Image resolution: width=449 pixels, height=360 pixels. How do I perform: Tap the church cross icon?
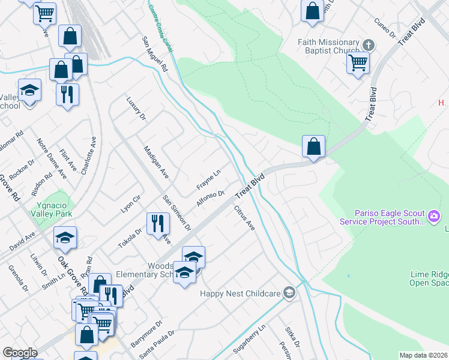click(x=369, y=44)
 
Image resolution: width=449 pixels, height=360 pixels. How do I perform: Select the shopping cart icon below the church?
click(x=358, y=62)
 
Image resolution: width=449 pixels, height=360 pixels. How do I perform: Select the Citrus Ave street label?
click(x=244, y=217)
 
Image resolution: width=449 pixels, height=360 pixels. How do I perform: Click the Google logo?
click(x=19, y=353)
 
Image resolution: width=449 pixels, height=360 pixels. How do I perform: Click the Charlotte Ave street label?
click(x=89, y=154)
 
